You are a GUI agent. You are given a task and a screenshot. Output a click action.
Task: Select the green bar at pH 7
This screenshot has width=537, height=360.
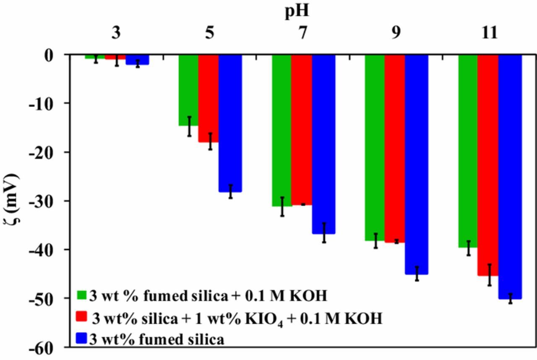282,130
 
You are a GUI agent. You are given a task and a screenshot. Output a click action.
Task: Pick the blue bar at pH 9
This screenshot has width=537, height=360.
416,164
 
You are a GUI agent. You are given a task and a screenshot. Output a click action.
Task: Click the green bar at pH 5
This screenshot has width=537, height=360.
189,90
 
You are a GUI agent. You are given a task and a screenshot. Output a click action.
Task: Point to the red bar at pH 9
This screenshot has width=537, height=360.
394,149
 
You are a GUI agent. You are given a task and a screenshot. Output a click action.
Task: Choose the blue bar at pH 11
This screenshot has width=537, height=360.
510,176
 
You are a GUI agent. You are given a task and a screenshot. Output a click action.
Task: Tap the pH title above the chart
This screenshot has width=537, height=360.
301,10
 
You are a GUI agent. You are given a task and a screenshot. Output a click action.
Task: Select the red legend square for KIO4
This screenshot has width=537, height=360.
82,318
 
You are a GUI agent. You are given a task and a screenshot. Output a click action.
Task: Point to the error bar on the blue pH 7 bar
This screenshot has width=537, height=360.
324,233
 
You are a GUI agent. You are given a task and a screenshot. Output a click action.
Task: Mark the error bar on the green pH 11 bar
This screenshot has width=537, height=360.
468,248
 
